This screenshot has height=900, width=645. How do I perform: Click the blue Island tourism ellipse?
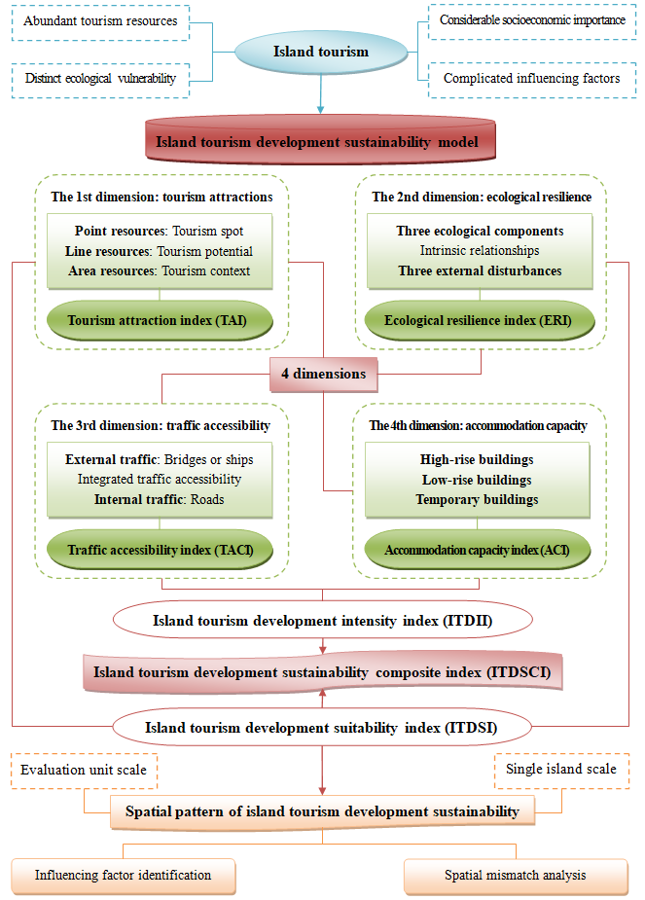pos(321,52)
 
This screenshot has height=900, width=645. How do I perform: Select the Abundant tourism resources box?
pos(100,22)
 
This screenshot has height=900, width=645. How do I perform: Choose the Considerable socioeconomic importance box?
pos(532,21)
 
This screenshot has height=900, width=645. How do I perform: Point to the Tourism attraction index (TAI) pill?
pos(159,321)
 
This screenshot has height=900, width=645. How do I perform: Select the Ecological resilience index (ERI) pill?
pos(480,321)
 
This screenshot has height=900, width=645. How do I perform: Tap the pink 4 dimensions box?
pos(324,375)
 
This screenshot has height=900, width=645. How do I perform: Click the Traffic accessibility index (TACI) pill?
pos(159,550)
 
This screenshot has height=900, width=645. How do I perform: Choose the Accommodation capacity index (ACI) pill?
pos(478,550)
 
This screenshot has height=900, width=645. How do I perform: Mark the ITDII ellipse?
pos(323,620)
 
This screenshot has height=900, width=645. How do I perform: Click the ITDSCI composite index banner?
pos(323,671)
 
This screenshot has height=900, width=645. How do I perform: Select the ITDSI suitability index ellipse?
pos(322,727)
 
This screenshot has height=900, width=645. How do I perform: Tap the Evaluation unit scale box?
pos(84,771)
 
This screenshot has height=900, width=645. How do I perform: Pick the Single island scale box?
pos(561,771)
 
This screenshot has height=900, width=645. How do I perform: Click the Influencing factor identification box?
pos(124,876)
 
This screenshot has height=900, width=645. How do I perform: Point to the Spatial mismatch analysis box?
pos(516,876)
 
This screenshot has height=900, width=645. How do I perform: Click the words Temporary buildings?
pos(477,499)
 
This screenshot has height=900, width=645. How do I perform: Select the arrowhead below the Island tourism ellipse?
pos(321,109)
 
